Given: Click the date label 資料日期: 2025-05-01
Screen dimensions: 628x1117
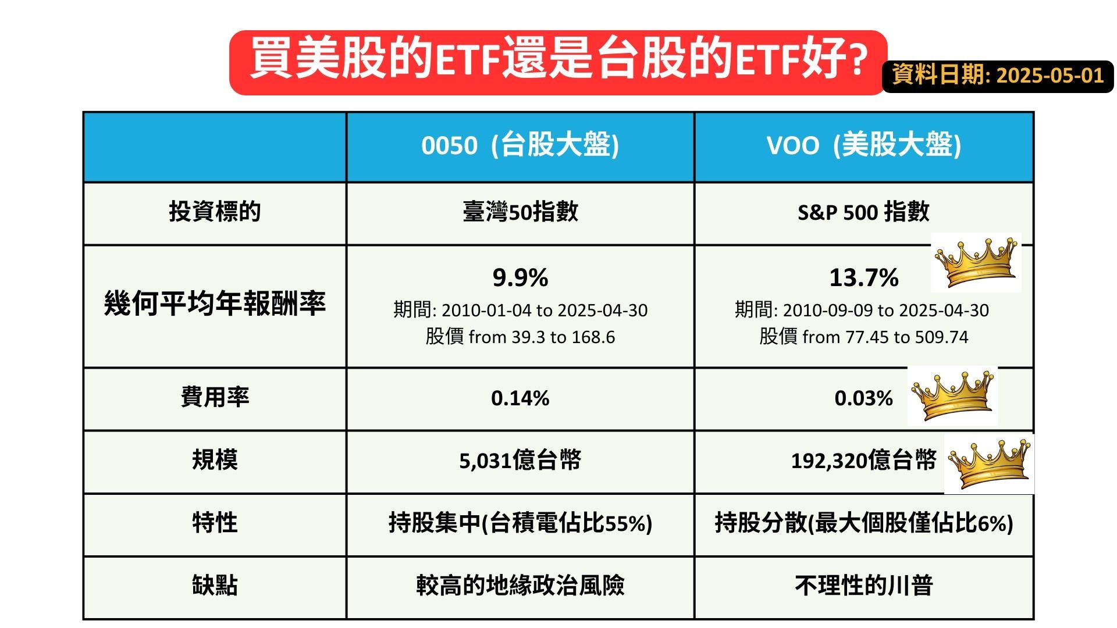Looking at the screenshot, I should point(998,76).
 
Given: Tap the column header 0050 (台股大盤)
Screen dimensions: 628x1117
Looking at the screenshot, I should point(520,145).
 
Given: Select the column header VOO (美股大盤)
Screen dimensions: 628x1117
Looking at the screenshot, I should point(863,145).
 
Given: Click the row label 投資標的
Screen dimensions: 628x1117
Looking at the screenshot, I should point(215,212).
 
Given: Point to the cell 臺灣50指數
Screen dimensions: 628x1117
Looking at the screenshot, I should point(520,212).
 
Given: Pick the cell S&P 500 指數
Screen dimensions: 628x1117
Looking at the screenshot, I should point(863,212).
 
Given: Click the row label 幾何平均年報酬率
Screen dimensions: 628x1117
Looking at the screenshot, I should point(215,304).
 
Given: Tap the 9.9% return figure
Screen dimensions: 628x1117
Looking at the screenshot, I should point(520,278).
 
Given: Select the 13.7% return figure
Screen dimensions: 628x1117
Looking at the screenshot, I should point(863,278).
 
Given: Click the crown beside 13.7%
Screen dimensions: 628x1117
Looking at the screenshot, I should point(976,263).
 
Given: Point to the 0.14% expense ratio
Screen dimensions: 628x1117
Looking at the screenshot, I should point(520,398).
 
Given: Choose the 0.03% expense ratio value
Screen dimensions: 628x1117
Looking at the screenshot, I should point(863,398).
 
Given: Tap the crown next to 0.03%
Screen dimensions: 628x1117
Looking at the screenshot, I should point(952,395).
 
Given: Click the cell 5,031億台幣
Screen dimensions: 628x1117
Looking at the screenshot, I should point(520,461).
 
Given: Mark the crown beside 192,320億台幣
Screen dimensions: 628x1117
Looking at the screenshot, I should point(988,464).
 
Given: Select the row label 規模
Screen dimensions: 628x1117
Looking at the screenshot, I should point(215,460).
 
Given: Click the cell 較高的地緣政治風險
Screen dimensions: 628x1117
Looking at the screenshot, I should point(520,586).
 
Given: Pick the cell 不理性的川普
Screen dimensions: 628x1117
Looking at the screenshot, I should point(863,586).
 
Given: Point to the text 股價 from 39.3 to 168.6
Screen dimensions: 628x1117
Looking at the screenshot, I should point(520,337).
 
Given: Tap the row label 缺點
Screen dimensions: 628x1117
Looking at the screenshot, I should point(215,586).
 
